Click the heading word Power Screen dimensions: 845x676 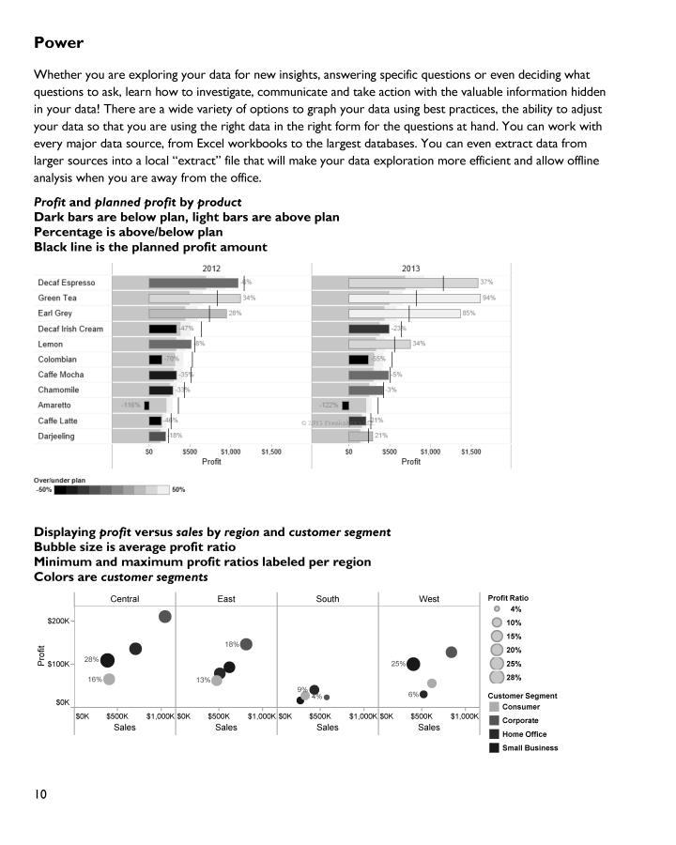point(58,42)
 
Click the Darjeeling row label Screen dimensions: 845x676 point(56,437)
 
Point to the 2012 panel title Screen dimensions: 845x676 point(212,269)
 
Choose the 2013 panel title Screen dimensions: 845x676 point(410,269)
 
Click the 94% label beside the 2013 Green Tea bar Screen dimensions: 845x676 point(488,298)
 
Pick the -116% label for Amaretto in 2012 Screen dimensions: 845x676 point(131,406)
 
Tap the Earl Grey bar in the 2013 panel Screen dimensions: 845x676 point(404,313)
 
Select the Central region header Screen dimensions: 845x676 point(125,599)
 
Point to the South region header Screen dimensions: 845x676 point(328,599)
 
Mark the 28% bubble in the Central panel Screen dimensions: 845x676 point(108,661)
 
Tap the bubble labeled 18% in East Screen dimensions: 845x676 point(246,644)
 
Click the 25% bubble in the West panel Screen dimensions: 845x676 point(413,665)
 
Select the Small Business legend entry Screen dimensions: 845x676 point(530,748)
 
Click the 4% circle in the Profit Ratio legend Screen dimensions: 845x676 point(497,609)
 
